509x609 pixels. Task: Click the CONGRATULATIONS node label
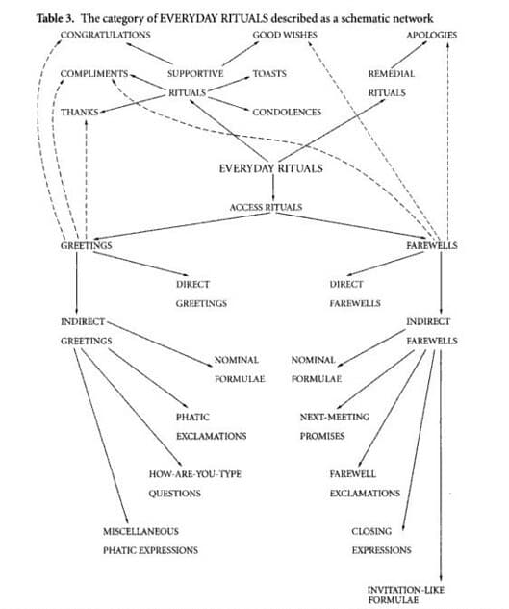(x=105, y=35)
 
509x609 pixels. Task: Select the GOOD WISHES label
(x=285, y=35)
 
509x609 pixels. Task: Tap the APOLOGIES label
(x=432, y=35)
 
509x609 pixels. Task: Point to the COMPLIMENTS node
(x=94, y=74)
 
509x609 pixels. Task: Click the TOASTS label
(x=269, y=73)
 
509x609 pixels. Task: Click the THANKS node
(x=80, y=112)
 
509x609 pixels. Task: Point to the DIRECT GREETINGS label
(x=199, y=293)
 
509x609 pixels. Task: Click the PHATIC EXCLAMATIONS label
(x=211, y=425)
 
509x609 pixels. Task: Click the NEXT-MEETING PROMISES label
(x=334, y=425)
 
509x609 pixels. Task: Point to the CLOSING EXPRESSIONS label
(x=381, y=541)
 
